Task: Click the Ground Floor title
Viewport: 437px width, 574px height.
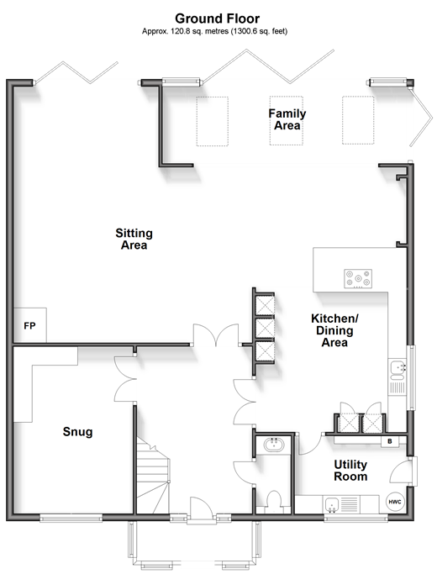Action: (218, 18)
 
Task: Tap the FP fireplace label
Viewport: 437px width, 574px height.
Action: (29, 325)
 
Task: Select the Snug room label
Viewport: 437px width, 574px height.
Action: (77, 432)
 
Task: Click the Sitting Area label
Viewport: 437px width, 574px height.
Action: (134, 239)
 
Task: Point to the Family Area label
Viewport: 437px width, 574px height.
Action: (287, 119)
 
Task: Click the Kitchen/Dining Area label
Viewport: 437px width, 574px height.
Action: (334, 330)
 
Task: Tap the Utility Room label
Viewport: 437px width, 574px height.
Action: (350, 471)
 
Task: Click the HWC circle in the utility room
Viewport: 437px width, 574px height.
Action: (395, 502)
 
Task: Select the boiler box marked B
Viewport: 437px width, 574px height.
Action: (390, 441)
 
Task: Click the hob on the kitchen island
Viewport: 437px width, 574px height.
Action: (358, 278)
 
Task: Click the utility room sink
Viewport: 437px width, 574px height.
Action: (332, 505)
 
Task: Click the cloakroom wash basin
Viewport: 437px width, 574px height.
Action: (273, 444)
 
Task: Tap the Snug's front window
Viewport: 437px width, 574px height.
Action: (71, 517)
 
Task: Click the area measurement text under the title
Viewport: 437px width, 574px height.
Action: (215, 31)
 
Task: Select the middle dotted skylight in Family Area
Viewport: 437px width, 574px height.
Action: (287, 121)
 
